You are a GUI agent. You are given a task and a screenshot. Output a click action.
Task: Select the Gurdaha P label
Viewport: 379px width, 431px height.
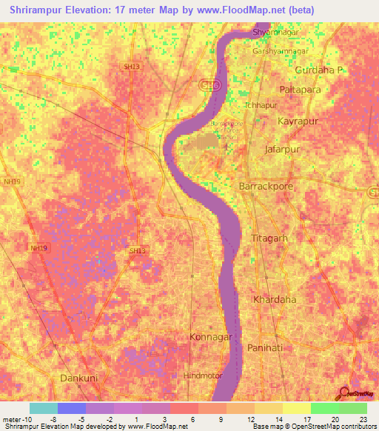pyautogui.click(x=320, y=70)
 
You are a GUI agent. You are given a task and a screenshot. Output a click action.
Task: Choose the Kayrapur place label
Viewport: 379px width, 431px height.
pyautogui.click(x=298, y=120)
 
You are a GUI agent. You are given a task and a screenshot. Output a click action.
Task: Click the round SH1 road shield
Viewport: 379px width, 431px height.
pyautogui.click(x=212, y=86)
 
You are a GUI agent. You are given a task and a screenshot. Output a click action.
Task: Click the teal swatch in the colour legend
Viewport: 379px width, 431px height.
pyautogui.click(x=43, y=408)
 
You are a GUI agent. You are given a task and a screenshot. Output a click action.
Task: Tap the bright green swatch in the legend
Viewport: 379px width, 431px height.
pyautogui.click(x=324, y=408)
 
